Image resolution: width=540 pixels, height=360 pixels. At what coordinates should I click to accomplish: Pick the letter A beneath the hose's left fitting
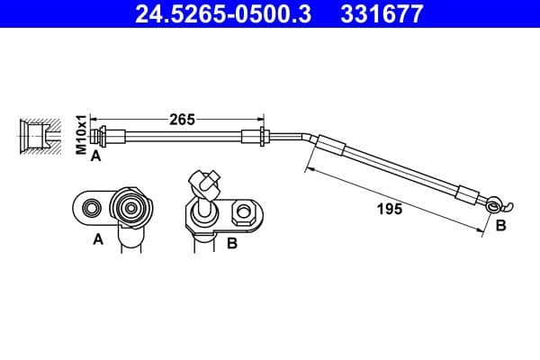click(94, 155)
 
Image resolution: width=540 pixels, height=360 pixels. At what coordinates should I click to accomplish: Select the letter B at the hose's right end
click(500, 226)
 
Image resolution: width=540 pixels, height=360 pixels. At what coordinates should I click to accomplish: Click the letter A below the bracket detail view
click(98, 239)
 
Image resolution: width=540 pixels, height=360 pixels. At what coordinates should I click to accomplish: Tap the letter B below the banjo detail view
click(232, 242)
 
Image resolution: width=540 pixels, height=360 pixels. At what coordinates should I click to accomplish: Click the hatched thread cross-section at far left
click(37, 137)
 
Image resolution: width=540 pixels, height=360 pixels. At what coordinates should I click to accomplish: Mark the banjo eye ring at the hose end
click(492, 204)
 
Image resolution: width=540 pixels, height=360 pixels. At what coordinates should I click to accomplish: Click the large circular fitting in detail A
click(131, 210)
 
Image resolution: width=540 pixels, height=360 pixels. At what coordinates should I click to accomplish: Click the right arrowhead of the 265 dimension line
click(262, 118)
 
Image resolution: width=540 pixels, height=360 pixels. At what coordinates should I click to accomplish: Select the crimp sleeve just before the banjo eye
click(470, 193)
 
